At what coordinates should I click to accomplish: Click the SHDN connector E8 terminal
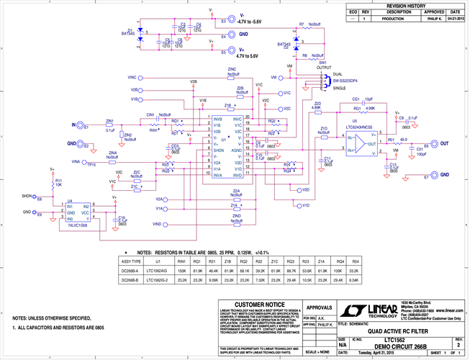[x=39, y=197]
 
